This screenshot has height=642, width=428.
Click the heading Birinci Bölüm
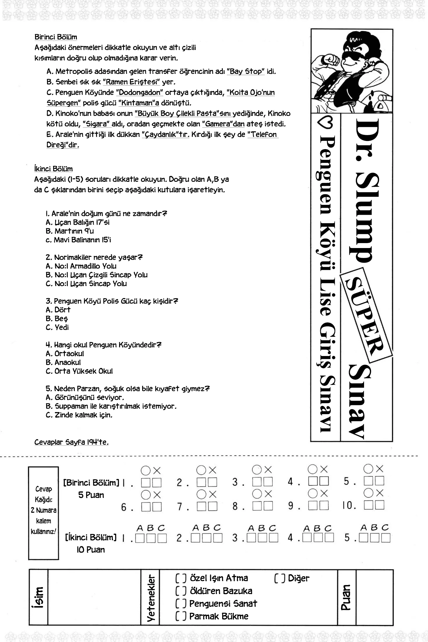pos(56,37)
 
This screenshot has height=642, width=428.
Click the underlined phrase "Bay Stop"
pos(246,71)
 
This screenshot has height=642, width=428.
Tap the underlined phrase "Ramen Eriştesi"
pos(131,82)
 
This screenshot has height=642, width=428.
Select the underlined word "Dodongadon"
pos(139,93)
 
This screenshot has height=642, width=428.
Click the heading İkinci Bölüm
pos(53,169)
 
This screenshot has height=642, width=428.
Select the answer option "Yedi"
pos(62,327)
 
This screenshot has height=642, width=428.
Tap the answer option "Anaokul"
pos(67,362)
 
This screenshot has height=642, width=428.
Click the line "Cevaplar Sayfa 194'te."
pos(71,442)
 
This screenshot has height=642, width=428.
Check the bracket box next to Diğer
pos(279,578)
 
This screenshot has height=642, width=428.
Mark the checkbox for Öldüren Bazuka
pos(181,591)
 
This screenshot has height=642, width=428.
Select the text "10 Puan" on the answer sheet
pos(91,550)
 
